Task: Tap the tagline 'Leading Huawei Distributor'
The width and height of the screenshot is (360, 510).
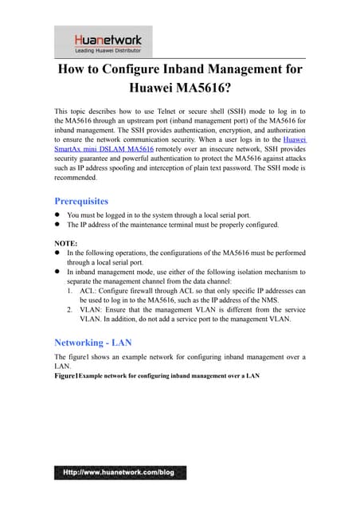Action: pos(104,49)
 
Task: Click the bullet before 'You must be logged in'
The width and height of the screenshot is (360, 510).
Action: pos(57,215)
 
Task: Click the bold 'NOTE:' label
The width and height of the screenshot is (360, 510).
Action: pos(65,241)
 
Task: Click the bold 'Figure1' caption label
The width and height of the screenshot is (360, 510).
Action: pos(67,376)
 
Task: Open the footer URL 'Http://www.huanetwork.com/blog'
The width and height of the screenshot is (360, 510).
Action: pos(119,472)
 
